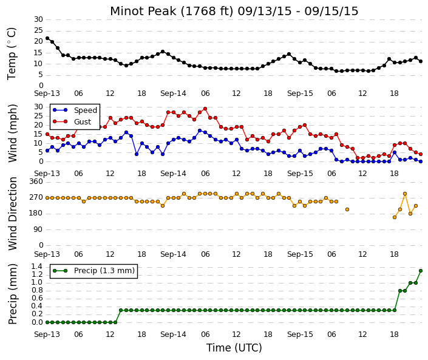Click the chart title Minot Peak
click(143, 11)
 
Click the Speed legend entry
click(75, 110)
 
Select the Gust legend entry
click(72, 122)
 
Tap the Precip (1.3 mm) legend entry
click(94, 271)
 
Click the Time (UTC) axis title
click(234, 348)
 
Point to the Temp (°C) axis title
click(12, 54)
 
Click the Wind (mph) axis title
click(13, 133)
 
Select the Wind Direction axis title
click(13, 214)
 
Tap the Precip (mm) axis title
click(13, 294)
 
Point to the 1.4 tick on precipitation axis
click(37, 267)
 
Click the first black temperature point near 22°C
click(47, 38)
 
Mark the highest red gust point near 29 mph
click(205, 109)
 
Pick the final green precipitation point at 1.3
click(421, 271)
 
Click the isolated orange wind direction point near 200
click(347, 209)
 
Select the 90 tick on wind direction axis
click(39, 229)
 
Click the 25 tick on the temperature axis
click(39, 30)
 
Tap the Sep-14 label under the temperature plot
click(174, 93)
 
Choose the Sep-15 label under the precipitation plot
click(300, 335)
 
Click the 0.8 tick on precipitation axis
click(37, 290)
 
